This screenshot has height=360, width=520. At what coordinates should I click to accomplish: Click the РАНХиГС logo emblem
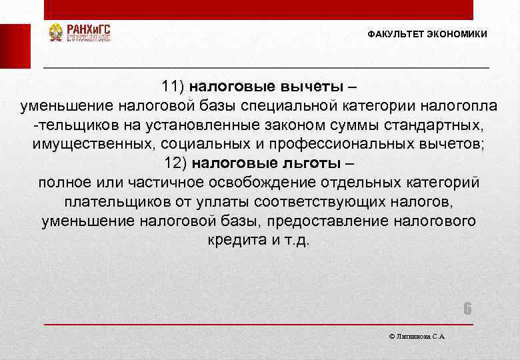click(x=56, y=33)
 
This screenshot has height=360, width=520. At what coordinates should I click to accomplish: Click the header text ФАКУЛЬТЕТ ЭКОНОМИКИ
click(x=427, y=34)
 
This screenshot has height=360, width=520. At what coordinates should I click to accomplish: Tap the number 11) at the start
click(x=175, y=86)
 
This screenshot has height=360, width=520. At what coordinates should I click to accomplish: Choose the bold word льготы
click(x=311, y=163)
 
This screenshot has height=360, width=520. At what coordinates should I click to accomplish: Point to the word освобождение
click(x=247, y=183)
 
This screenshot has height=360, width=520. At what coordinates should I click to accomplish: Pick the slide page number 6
click(x=467, y=309)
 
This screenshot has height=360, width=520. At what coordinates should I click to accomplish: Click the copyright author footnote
click(x=416, y=336)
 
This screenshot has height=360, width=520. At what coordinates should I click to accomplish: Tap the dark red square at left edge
click(x=15, y=46)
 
